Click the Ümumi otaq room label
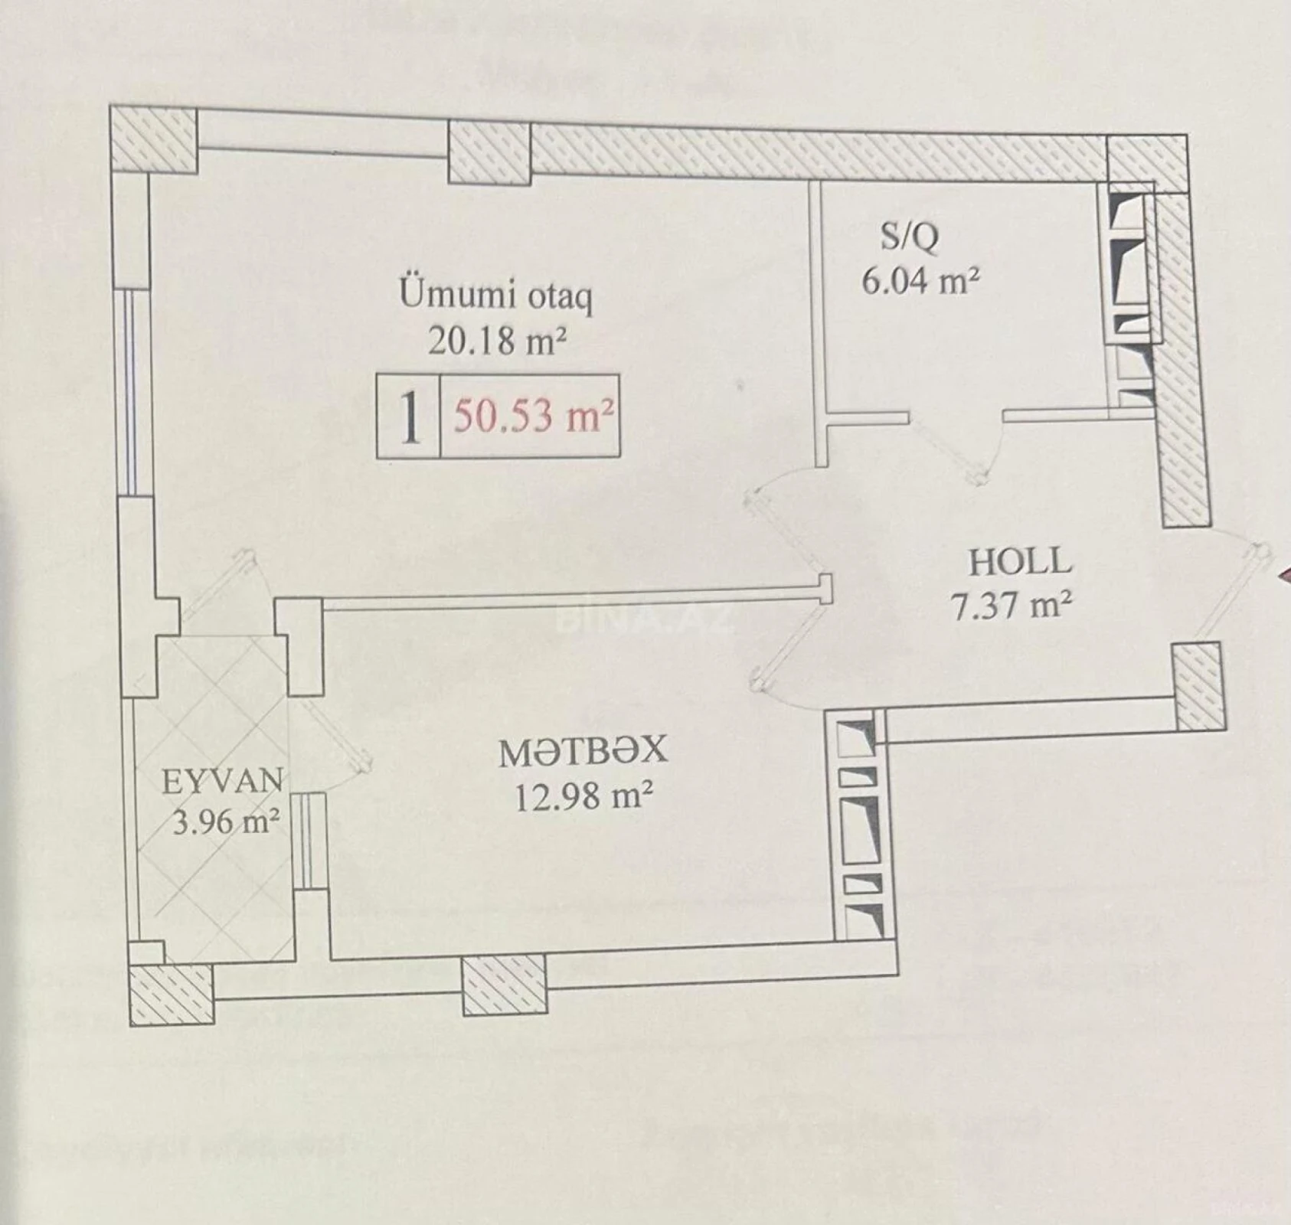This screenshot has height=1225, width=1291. [x=496, y=295]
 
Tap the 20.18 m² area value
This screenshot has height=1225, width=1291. [x=496, y=340]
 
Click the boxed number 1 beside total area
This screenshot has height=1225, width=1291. [x=410, y=418]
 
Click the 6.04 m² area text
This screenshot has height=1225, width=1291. [x=920, y=281]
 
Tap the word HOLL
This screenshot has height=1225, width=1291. [x=1020, y=563]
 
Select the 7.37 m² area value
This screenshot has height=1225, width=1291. [x=1010, y=606]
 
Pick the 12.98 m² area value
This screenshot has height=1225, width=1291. [x=583, y=798]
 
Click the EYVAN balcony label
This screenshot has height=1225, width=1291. [x=223, y=781]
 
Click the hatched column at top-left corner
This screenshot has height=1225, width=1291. [x=154, y=140]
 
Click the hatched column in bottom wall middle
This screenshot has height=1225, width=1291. [x=505, y=985]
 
